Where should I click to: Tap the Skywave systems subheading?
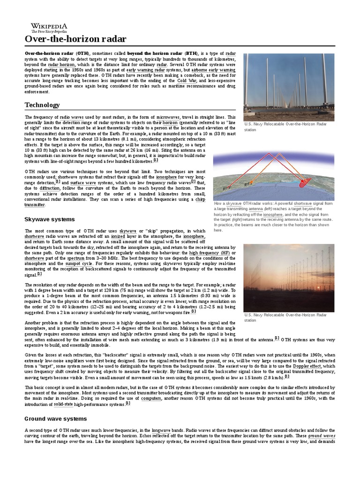click(x=50, y=219)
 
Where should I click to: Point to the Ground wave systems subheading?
click(x=55, y=418)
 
